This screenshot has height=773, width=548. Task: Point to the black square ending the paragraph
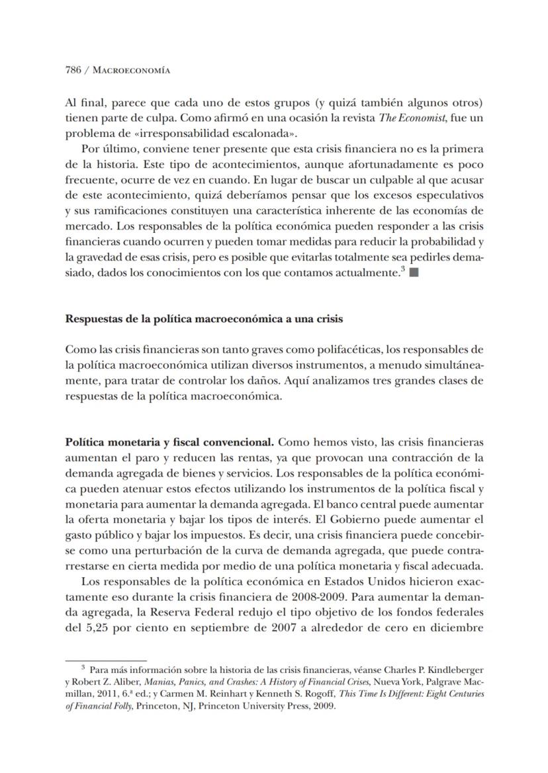(x=414, y=273)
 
